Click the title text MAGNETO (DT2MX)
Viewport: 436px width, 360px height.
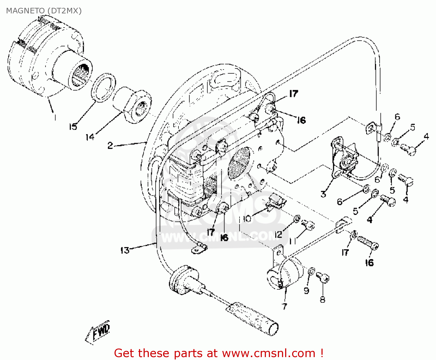click(x=44, y=11)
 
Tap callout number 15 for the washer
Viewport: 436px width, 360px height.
click(x=73, y=126)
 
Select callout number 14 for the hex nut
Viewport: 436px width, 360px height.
click(x=90, y=137)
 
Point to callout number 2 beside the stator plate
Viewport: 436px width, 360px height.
click(x=110, y=145)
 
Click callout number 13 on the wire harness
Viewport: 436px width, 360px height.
click(x=125, y=250)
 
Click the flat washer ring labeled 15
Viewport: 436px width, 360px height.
click(x=103, y=88)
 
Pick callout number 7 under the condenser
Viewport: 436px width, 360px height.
click(x=285, y=306)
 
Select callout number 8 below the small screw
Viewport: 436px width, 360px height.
click(x=322, y=300)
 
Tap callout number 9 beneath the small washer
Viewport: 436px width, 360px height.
click(x=306, y=290)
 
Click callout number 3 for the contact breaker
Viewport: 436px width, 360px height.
click(x=323, y=194)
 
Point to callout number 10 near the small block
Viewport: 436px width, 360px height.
click(x=247, y=218)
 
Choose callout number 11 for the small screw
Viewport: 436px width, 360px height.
click(x=292, y=241)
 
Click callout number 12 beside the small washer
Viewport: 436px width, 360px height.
click(x=278, y=234)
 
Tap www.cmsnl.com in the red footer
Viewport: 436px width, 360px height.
click(x=269, y=353)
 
